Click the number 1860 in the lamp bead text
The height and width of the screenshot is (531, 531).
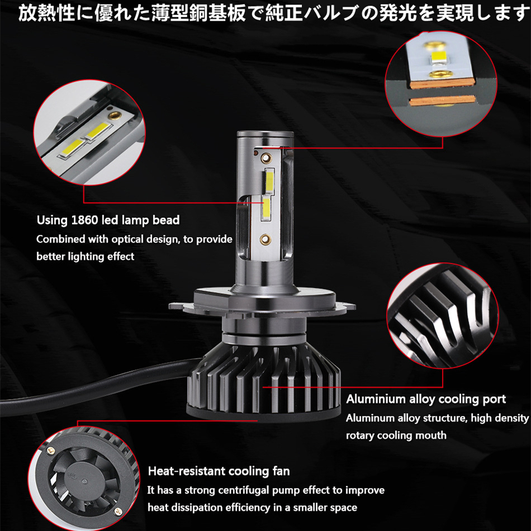84,220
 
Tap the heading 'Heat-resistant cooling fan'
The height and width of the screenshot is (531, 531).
219,471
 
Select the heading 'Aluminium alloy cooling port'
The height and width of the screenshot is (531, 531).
426,399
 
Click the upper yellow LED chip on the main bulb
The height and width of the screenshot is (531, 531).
269,181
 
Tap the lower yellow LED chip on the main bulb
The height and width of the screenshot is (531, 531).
266,208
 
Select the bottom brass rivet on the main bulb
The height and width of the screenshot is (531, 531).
265,239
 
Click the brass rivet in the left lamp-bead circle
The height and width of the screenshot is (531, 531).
112,115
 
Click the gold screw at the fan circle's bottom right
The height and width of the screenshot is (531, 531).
117,511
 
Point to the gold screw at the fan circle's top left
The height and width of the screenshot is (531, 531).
51,451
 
